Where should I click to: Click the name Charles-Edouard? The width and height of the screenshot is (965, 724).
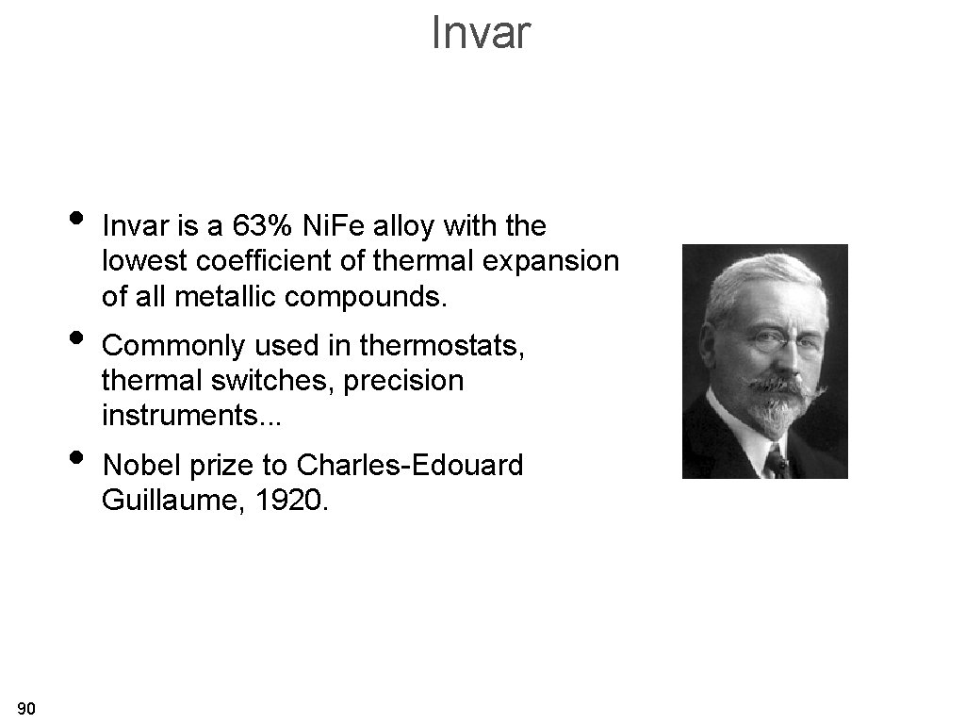(409, 465)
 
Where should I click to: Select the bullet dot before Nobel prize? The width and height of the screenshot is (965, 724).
(76, 458)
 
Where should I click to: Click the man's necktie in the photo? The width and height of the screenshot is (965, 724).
(777, 462)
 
